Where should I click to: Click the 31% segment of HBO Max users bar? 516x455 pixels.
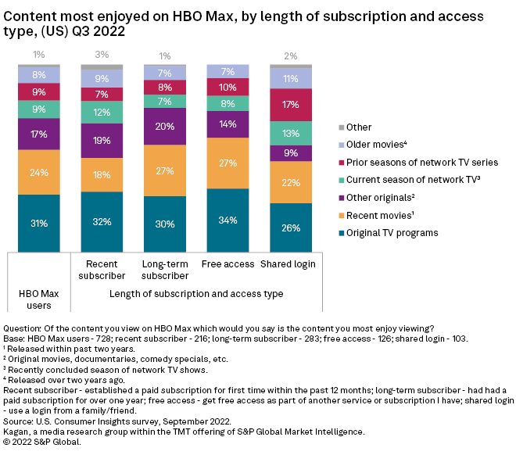pyautogui.click(x=39, y=223)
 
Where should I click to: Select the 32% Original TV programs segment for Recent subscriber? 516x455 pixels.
pyautogui.click(x=102, y=221)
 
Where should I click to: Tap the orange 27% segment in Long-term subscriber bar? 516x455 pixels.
pyautogui.click(x=165, y=170)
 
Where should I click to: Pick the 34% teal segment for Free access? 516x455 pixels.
pyautogui.click(x=228, y=220)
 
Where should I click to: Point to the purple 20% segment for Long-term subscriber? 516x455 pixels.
pyautogui.click(x=165, y=127)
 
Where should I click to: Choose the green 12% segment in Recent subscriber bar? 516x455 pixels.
pyautogui.click(x=102, y=113)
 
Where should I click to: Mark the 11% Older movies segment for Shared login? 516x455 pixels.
pyautogui.click(x=291, y=78)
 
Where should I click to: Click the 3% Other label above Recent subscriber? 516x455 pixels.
pyautogui.click(x=102, y=55)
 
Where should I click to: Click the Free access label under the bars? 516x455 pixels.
pyautogui.click(x=228, y=263)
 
